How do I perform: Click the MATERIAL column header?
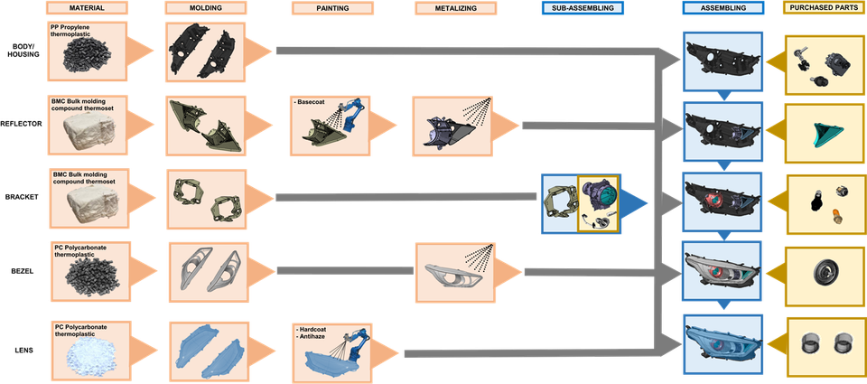[88, 8]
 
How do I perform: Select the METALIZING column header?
[456, 8]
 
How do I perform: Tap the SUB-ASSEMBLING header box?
[583, 8]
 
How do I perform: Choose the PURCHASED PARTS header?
[825, 8]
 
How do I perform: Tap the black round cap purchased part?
[826, 272]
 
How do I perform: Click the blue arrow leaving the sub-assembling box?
[634, 202]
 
